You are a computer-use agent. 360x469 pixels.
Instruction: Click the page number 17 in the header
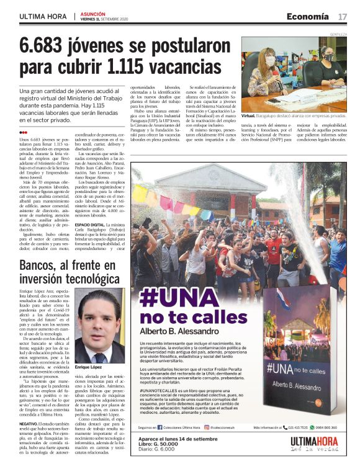(342, 16)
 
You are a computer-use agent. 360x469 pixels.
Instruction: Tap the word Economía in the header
(308, 16)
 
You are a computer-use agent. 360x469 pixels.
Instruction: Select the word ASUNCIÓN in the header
(92, 13)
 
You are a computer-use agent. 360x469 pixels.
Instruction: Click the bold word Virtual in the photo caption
(249, 116)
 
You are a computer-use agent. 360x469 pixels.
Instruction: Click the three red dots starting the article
(23, 132)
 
